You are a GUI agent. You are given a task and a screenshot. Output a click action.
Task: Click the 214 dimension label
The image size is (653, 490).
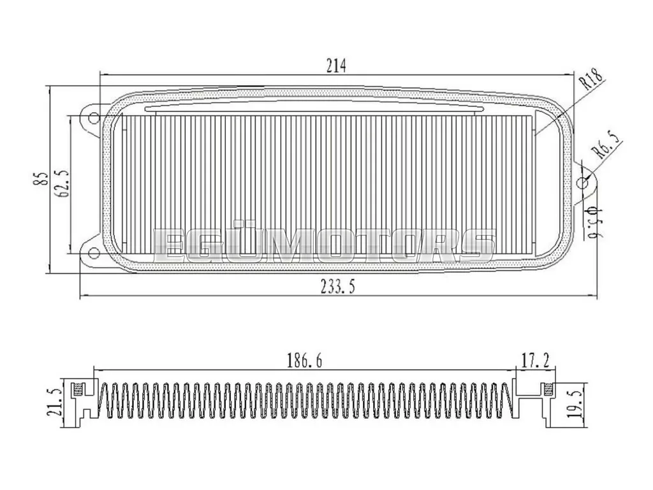[335, 66]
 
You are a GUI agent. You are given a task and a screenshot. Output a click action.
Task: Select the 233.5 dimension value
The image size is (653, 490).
[338, 287]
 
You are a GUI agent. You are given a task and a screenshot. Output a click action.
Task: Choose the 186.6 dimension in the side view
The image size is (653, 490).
[304, 360]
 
